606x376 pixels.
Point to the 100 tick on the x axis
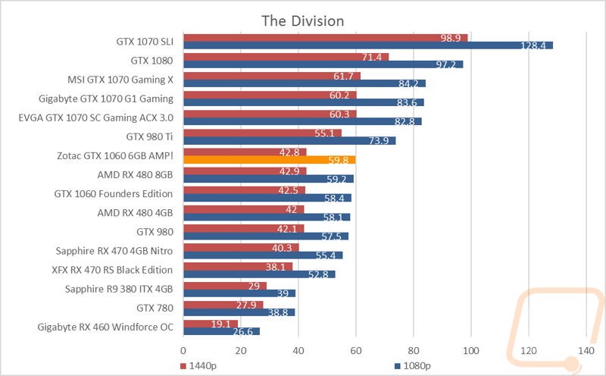coord(471,350)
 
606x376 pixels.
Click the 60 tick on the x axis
coord(356,350)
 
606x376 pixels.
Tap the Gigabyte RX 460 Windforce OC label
coord(105,327)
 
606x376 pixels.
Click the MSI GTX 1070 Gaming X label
coord(121,78)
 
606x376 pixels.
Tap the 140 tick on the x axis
coord(586,350)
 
